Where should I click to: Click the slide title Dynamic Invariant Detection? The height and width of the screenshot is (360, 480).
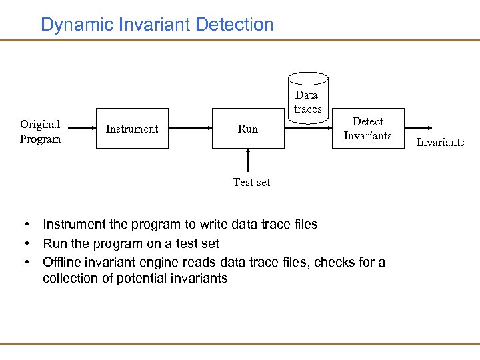click(157, 25)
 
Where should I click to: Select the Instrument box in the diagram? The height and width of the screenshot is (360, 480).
click(132, 129)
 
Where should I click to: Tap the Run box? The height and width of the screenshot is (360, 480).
click(247, 129)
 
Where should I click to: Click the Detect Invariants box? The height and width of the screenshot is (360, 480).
click(368, 128)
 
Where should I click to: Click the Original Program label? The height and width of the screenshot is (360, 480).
click(40, 131)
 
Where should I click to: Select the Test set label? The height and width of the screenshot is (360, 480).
click(251, 182)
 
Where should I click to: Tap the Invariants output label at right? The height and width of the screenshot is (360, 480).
click(440, 142)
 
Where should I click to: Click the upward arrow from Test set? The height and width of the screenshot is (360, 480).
click(248, 160)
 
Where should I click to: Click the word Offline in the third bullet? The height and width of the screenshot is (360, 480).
click(61, 262)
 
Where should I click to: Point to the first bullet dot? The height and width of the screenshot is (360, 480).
click(25, 225)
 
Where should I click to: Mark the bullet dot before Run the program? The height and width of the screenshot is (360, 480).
click(25, 243)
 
